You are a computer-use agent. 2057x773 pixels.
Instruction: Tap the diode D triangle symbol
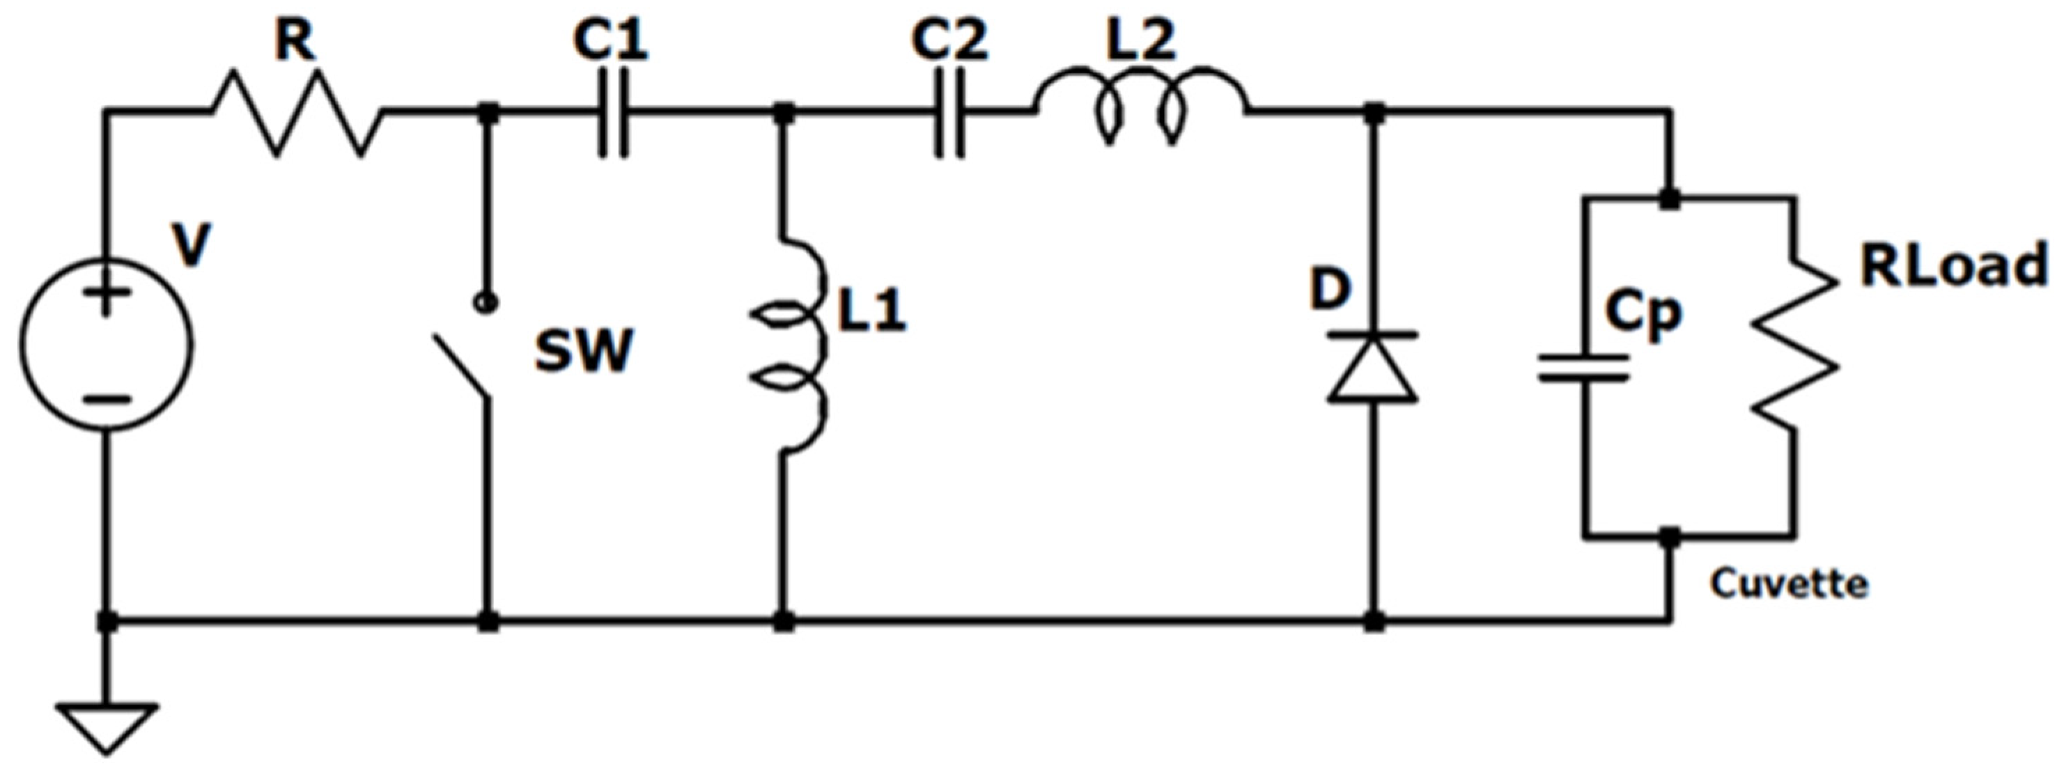point(1373,367)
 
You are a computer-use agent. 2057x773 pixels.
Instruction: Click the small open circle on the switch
point(486,304)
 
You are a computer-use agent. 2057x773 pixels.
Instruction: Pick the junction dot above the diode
point(1374,114)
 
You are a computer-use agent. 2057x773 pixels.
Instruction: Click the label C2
point(950,40)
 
